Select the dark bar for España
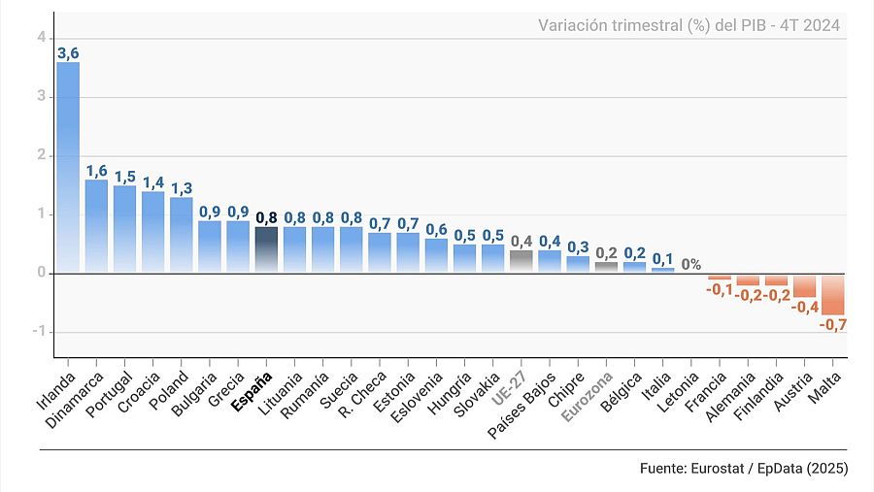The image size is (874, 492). click(x=266, y=249)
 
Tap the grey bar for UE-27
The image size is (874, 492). click(x=521, y=261)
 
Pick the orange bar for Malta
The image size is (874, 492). click(x=832, y=293)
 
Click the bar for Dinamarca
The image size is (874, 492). click(x=96, y=225)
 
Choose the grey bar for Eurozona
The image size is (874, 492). click(x=606, y=267)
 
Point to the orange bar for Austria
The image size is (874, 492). click(x=804, y=284)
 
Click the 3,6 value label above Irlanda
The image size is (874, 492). click(x=68, y=53)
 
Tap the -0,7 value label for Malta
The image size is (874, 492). click(x=833, y=325)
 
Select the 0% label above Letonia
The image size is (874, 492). click(x=691, y=264)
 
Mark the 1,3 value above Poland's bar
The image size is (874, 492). click(x=182, y=188)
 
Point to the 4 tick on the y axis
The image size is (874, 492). click(x=41, y=37)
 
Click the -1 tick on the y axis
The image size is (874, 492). click(x=39, y=332)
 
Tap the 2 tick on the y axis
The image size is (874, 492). click(x=41, y=155)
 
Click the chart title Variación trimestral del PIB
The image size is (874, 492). click(x=689, y=25)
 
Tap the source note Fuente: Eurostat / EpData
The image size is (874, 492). click(x=744, y=468)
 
